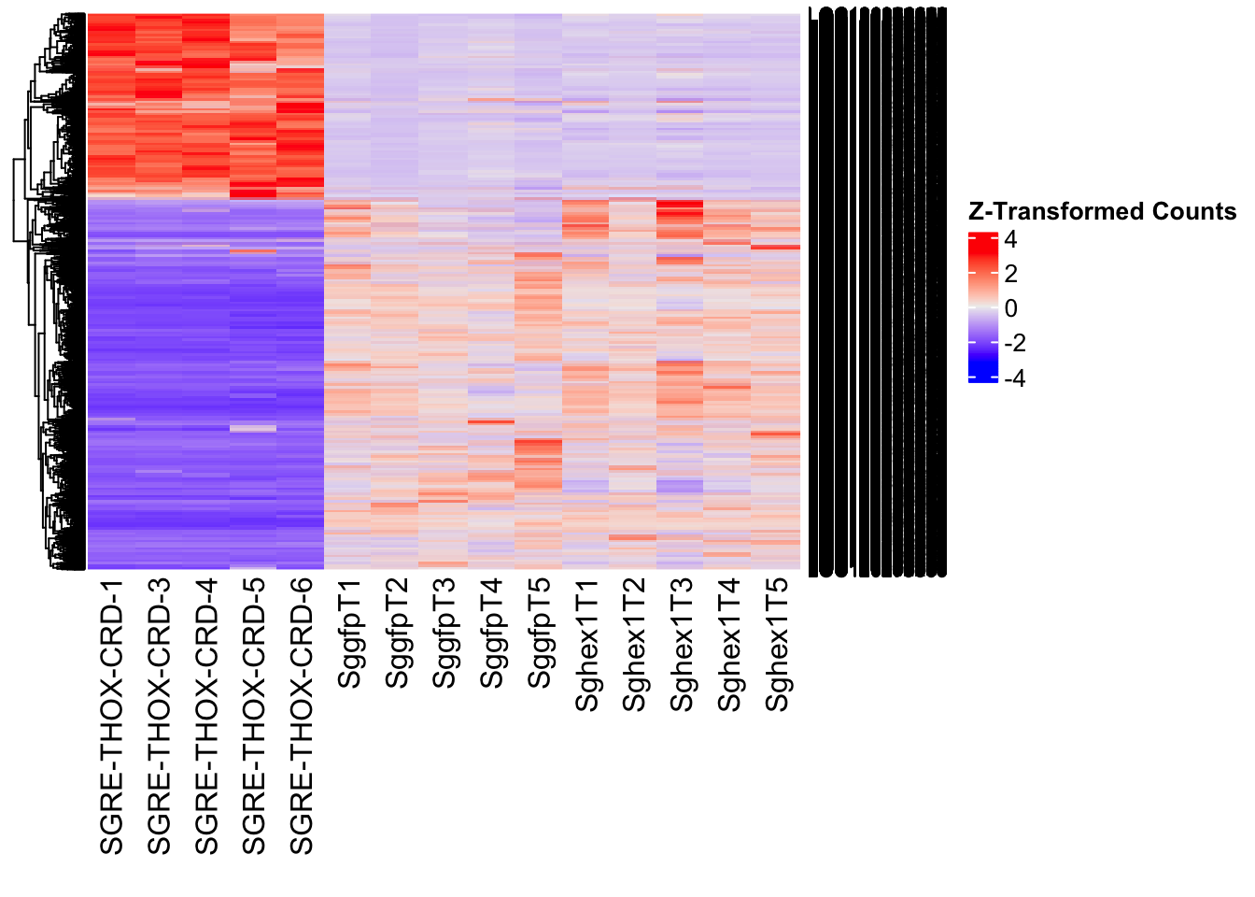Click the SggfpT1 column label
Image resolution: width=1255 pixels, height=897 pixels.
coord(349,634)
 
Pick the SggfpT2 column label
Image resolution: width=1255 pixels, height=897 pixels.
coord(397,634)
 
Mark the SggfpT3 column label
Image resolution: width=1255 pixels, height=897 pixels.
coord(444,634)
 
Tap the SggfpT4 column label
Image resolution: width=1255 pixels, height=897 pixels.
coord(492,634)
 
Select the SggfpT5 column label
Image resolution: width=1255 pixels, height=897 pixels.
coord(540,634)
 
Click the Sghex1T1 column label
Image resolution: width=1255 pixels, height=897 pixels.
coord(587,645)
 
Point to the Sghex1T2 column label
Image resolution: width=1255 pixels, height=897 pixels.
coord(635,645)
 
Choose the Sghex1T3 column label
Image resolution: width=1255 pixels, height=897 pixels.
coord(683,645)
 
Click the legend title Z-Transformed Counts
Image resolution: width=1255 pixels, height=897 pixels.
coord(1102,212)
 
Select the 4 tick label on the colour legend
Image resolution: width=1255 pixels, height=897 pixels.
coord(1010,240)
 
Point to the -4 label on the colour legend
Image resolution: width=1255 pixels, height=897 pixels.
coord(1015,378)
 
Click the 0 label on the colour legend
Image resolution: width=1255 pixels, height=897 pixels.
coord(1010,309)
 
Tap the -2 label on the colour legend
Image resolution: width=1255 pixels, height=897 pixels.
coord(1015,344)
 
